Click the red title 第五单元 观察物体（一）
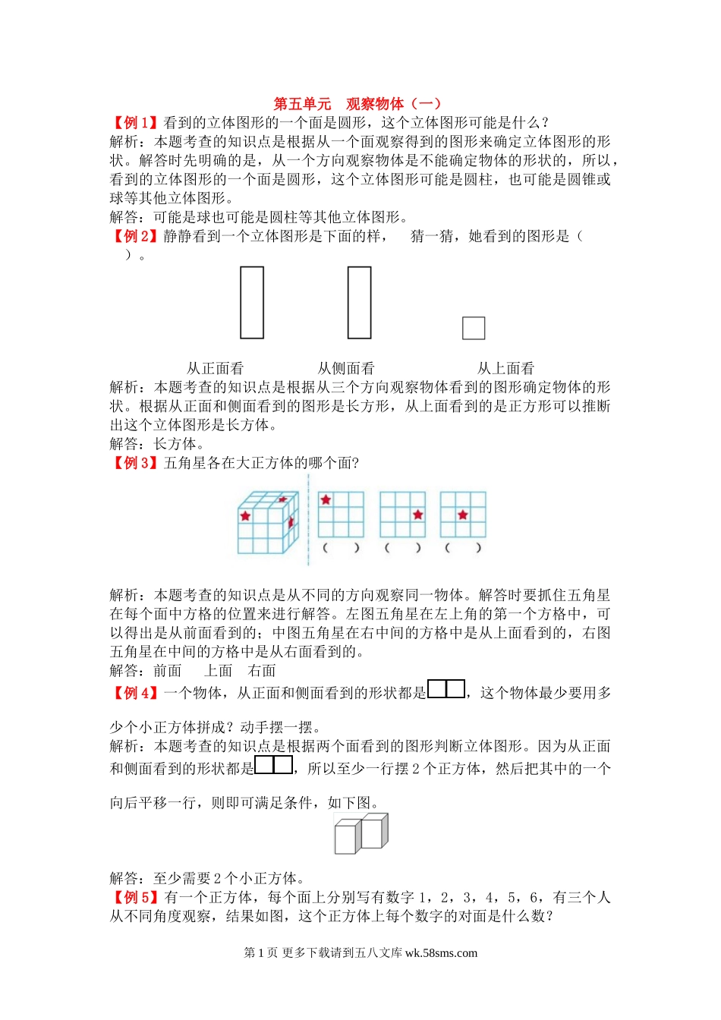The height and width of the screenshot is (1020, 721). [357, 104]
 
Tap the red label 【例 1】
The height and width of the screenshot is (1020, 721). [136, 123]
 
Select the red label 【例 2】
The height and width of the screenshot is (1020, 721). [136, 236]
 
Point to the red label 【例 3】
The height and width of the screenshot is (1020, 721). [136, 463]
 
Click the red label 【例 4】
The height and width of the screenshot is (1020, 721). [136, 693]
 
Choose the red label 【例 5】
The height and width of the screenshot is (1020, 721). [136, 898]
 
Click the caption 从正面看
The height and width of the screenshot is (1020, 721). [216, 368]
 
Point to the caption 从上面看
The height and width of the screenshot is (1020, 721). [505, 368]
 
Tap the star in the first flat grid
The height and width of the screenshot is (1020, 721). [326, 499]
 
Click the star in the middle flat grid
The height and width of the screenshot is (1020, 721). [417, 515]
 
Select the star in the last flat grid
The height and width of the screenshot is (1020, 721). [463, 515]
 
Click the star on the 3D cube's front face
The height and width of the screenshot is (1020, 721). [245, 516]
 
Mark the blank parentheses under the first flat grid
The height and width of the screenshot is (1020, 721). [341, 548]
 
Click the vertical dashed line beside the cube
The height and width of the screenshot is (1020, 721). [308, 520]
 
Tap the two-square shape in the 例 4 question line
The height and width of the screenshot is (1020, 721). [446, 689]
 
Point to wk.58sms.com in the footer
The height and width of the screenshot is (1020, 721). [441, 953]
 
